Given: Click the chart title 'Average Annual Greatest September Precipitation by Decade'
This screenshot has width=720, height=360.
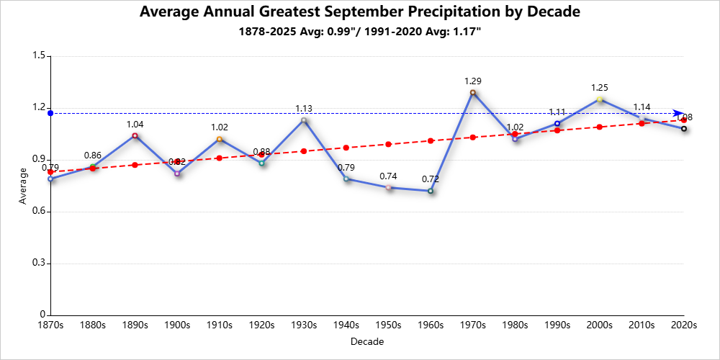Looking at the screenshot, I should tap(359, 12).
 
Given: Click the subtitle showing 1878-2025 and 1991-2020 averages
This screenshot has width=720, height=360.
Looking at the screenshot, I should tap(359, 32).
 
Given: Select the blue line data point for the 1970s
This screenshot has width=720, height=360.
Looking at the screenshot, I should tap(473, 92).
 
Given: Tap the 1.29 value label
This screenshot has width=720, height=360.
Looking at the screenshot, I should tap(473, 81).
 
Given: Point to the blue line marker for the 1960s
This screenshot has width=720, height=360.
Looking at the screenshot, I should tap(431, 191).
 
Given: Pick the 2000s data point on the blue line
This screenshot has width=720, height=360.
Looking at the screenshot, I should tap(600, 99).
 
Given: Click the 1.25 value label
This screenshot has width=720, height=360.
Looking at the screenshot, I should tap(600, 88).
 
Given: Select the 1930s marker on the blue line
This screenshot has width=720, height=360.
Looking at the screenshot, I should tap(304, 120).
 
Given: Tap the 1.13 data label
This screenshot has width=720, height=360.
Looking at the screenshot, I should tap(304, 109).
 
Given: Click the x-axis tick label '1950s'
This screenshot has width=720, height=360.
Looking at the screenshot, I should tap(388, 325).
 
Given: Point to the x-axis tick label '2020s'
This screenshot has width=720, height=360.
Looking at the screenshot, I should tap(683, 325).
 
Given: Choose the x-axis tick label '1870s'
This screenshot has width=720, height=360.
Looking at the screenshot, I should tap(50, 325).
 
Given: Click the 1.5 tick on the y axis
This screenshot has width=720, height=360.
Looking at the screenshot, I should tap(39, 56).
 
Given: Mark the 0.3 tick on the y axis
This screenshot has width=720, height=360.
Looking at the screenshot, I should tap(39, 264).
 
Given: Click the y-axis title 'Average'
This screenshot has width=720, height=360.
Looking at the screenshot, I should tap(24, 186).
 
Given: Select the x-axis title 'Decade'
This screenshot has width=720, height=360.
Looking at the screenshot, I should tap(367, 341).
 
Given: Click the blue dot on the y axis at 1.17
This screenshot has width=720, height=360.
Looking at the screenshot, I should tap(50, 113).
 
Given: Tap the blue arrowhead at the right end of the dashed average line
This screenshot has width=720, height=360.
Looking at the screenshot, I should tap(678, 113).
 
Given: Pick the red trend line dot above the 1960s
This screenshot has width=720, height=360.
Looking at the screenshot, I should tap(431, 140).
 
